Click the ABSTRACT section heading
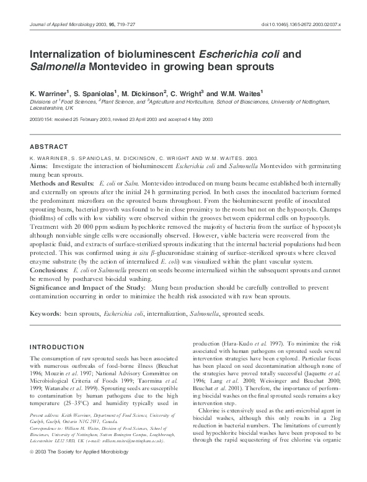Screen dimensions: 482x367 49,147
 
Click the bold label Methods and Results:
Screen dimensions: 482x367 61,184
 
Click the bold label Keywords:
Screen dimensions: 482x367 46,314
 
